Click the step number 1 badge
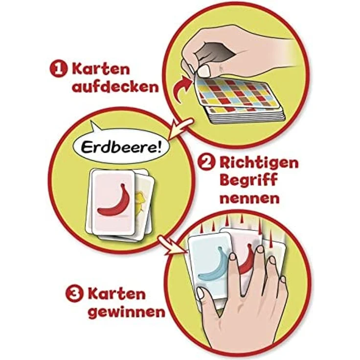59,69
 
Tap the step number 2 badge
207,162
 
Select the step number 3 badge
75,294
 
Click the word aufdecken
115,87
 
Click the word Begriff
248,180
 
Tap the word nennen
249,198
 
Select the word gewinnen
127,312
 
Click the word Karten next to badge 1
101,69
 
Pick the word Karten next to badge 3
117,293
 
